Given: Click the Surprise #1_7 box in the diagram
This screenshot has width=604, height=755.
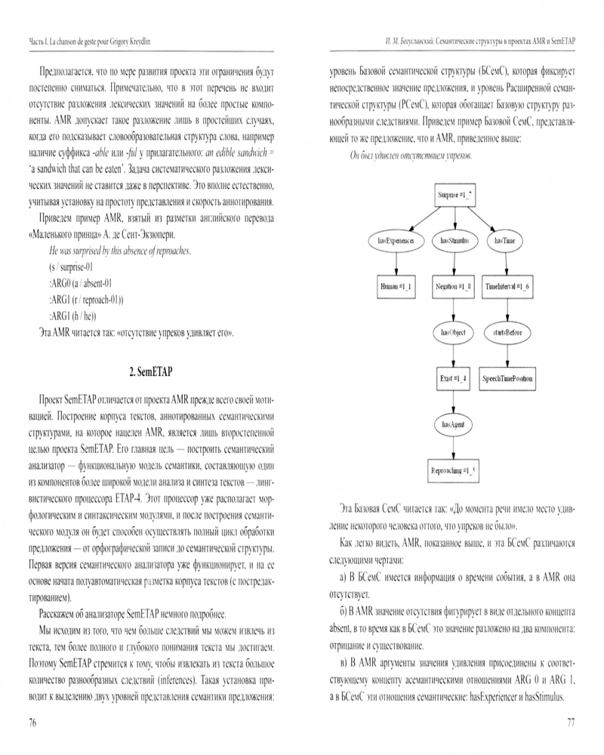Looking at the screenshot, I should click(455, 196).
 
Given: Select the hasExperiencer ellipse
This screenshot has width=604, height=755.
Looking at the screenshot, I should click(396, 241).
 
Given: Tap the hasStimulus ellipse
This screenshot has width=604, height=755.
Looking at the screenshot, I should click(455, 241).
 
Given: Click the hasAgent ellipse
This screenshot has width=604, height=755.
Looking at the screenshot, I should click(454, 425).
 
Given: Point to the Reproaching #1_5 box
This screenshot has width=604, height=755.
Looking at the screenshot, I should click(454, 470).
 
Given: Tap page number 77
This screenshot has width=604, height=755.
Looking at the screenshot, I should click(571, 723).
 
